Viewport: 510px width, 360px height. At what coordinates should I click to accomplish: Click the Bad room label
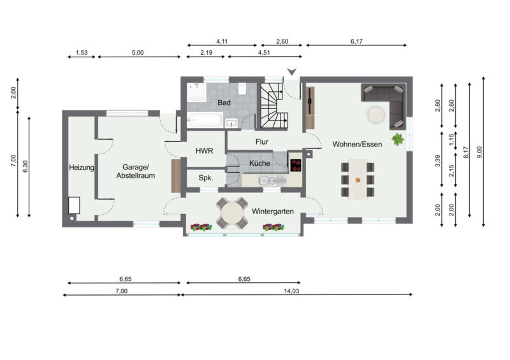224,103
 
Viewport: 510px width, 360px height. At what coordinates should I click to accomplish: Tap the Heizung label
82,168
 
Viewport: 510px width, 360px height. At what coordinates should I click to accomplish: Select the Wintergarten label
273,212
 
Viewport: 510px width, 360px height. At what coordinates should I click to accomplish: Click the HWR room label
204,151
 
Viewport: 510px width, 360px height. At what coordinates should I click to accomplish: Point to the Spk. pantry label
206,178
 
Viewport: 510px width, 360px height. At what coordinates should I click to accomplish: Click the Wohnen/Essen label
357,144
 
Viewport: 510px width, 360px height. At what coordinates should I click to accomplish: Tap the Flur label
262,142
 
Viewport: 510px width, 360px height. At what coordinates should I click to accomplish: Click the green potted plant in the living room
398,139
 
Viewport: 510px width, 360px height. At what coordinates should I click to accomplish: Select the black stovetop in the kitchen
296,165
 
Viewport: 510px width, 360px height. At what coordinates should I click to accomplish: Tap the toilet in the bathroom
242,89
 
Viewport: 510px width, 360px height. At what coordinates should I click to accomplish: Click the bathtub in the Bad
205,120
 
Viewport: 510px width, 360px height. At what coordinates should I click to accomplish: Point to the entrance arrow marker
292,72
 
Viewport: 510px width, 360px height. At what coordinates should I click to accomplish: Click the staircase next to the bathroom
274,106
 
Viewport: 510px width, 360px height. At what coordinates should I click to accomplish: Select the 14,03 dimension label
291,291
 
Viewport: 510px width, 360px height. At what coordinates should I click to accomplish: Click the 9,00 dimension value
479,152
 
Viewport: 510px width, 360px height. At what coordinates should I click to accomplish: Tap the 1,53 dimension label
82,53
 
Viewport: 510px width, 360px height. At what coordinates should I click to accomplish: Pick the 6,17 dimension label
356,41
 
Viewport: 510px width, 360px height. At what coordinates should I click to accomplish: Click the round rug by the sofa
376,115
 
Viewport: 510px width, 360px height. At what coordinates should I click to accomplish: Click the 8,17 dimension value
465,152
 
